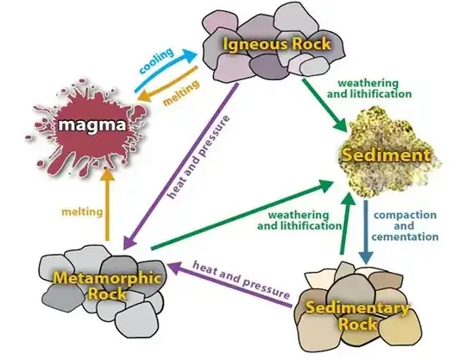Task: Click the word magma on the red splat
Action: coord(91,125)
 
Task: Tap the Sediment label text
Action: coord(396,155)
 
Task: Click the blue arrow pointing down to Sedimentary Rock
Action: coord(368,233)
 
